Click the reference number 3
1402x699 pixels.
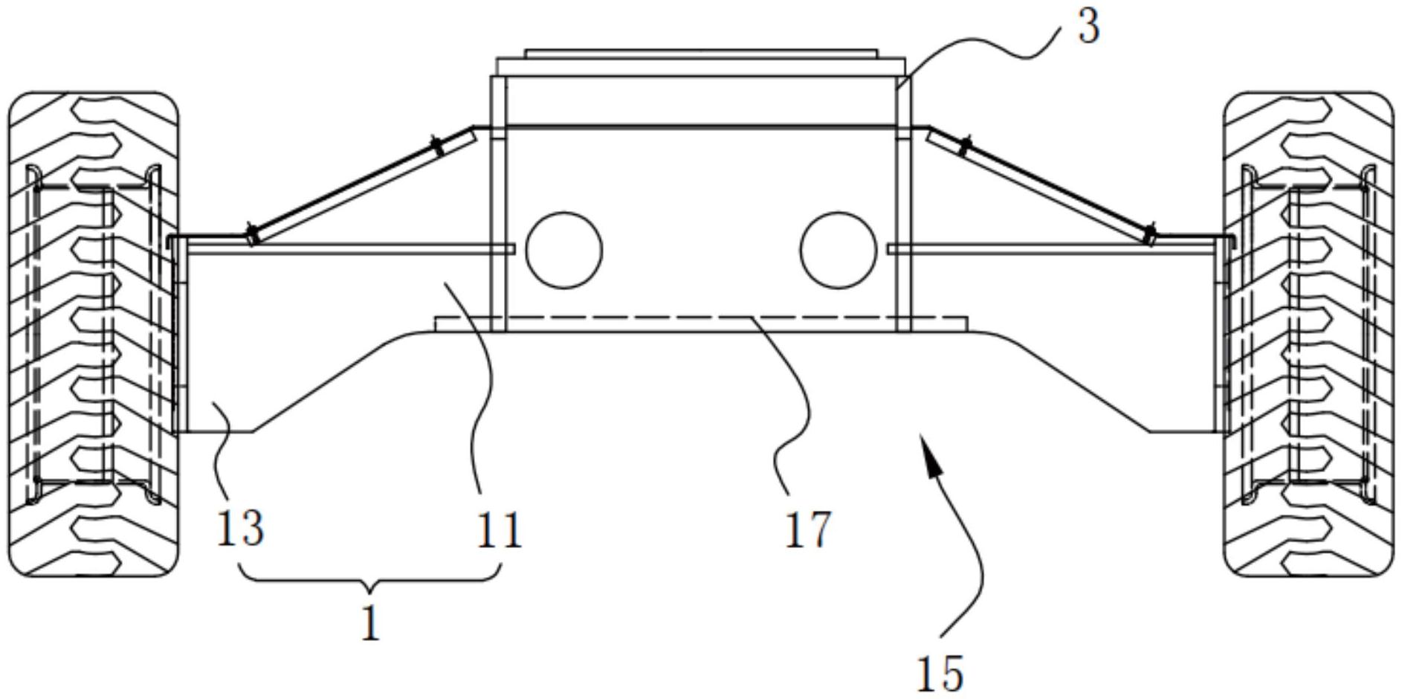tap(1088, 28)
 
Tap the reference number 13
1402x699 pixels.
tap(239, 529)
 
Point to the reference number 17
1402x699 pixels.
tap(808, 529)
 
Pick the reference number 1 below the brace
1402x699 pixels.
tap(370, 623)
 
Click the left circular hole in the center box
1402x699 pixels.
tap(564, 250)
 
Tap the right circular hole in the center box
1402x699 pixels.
tap(838, 250)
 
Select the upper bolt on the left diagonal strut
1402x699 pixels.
tap(439, 145)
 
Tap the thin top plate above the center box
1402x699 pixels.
tap(700, 54)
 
